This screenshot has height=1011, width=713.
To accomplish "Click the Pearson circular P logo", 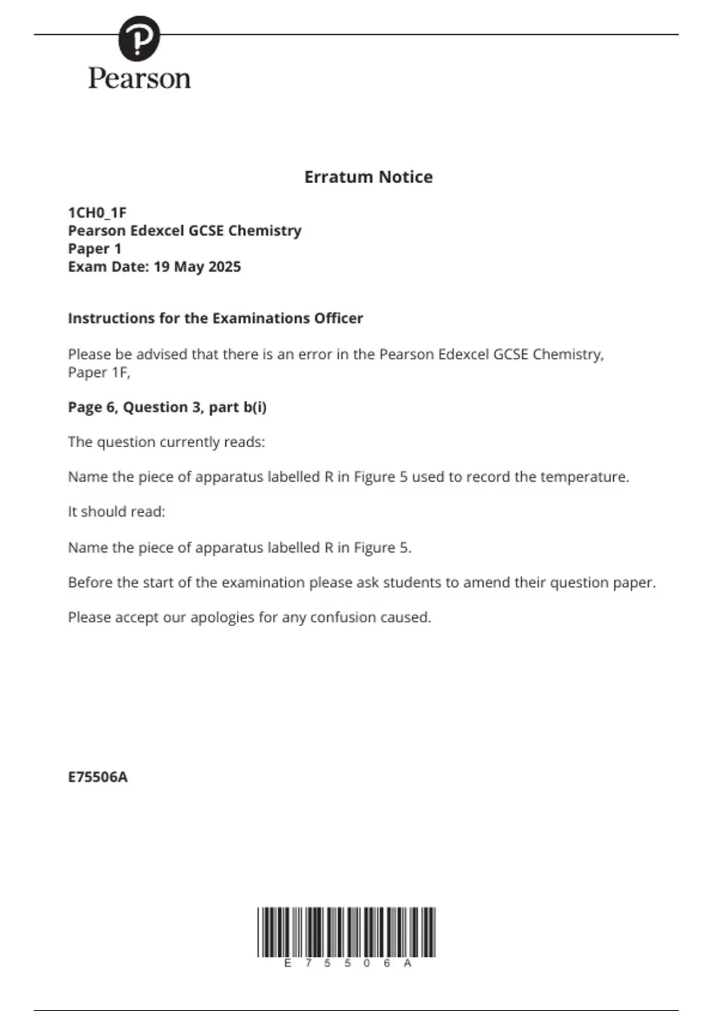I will pos(139,38).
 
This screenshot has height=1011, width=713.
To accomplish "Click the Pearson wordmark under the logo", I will pos(140,79).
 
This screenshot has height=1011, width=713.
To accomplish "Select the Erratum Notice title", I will pos(368,177).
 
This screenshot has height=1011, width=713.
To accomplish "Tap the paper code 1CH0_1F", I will pos(97,213).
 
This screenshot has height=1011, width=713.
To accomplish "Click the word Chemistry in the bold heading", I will pos(264,231).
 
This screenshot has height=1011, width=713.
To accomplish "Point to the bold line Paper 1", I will pos(94,249).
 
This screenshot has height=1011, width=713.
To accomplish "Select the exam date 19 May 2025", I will pos(197,266).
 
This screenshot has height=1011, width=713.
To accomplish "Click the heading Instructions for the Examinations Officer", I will pos(215,318).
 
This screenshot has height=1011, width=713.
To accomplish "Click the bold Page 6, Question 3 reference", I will pos(167,407).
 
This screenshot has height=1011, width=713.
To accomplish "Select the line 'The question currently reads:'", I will pos(166,442).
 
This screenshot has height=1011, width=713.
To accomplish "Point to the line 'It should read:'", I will pos(116,511).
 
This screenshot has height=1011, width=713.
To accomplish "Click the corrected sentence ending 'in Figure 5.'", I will pos(239,547).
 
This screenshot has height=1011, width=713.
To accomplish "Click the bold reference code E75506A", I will pos(98,777).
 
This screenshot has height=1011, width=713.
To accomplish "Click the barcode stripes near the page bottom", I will pos(346,931).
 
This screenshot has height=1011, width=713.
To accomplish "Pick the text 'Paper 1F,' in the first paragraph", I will pos(99,372).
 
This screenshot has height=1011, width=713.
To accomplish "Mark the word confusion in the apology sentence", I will pos(343,617).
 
